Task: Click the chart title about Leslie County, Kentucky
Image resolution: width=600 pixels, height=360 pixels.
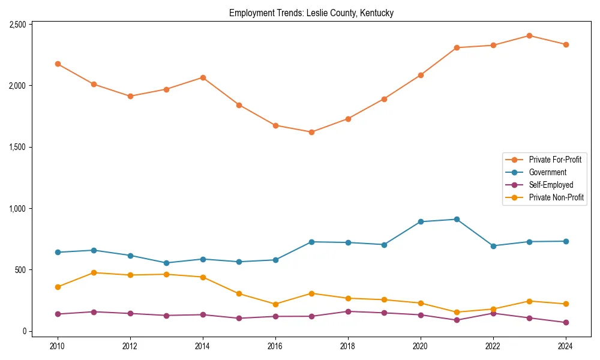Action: tap(311, 13)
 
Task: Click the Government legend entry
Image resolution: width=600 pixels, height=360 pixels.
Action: tap(547, 172)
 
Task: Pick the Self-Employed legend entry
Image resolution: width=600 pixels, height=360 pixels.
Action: tap(551, 185)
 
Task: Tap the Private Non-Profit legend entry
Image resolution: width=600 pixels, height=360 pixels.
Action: tap(556, 197)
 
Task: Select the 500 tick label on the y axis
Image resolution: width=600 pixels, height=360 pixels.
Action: tap(21, 270)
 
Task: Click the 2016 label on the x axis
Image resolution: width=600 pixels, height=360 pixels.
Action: tap(275, 346)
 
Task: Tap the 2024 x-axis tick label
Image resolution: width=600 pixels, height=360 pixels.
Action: tap(566, 346)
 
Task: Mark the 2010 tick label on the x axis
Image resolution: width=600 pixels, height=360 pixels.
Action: tap(58, 346)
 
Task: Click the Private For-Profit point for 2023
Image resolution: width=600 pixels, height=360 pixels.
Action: tap(529, 35)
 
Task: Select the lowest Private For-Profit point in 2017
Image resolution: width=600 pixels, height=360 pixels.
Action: tap(311, 132)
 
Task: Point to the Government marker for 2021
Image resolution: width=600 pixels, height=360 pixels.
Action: tap(457, 219)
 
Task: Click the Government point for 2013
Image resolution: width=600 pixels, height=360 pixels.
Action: tap(166, 263)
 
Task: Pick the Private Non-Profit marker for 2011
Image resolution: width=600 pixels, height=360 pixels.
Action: tap(94, 272)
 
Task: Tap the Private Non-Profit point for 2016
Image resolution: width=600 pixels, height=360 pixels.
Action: tap(275, 304)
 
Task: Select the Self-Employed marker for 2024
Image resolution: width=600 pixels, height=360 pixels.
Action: tap(566, 322)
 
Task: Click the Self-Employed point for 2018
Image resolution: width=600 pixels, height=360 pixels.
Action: tap(348, 311)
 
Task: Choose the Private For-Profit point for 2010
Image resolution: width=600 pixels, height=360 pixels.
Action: tap(58, 64)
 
